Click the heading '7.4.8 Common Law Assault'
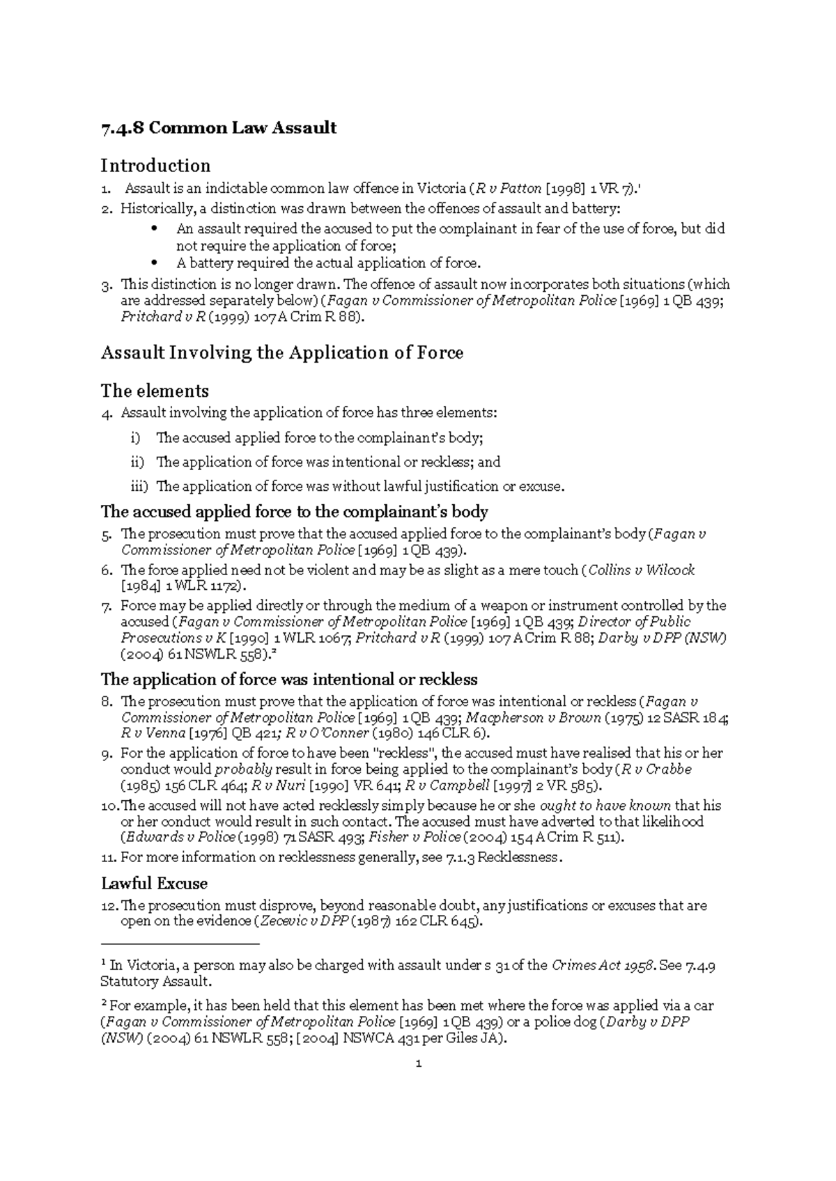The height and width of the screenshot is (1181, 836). (x=219, y=128)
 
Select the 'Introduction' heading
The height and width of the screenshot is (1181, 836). (x=155, y=166)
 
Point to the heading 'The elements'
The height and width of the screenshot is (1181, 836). (x=155, y=390)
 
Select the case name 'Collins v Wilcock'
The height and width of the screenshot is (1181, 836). (x=642, y=570)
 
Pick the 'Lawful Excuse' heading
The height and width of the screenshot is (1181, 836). (x=154, y=884)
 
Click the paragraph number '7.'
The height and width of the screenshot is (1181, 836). (x=107, y=606)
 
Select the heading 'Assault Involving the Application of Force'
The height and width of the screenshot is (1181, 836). (x=282, y=353)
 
